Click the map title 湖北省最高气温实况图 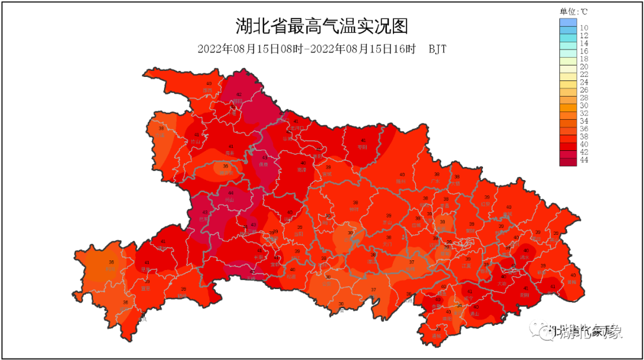point(321,27)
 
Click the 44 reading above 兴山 point(231,193)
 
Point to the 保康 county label point(263,164)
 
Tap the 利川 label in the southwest point(110,269)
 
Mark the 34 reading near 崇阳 point(459,306)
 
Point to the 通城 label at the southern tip point(437,336)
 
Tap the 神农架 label point(225,173)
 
